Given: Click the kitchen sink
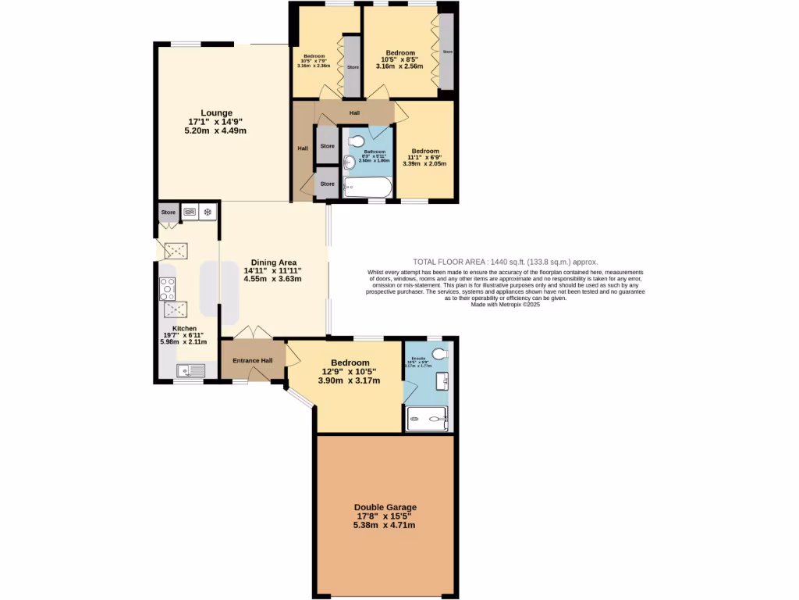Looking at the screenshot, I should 190,371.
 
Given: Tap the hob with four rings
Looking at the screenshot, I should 167,289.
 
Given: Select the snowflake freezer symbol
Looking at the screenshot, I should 208,212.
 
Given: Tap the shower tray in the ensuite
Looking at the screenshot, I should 427,419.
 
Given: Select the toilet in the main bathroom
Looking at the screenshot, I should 356,142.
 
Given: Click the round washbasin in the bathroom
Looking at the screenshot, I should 349,162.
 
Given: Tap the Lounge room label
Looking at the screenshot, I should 215,112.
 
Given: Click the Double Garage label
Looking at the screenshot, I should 385,507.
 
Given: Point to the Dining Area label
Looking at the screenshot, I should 273,262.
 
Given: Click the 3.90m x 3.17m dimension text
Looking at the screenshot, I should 350,381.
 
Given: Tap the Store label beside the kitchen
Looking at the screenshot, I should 169,212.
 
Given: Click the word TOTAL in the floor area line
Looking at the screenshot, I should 426,262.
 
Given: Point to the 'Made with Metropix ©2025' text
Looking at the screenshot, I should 506,305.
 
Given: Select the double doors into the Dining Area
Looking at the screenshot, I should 253,332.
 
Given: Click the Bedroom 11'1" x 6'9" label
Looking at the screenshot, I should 425,152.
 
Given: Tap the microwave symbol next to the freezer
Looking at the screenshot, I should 190,212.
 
